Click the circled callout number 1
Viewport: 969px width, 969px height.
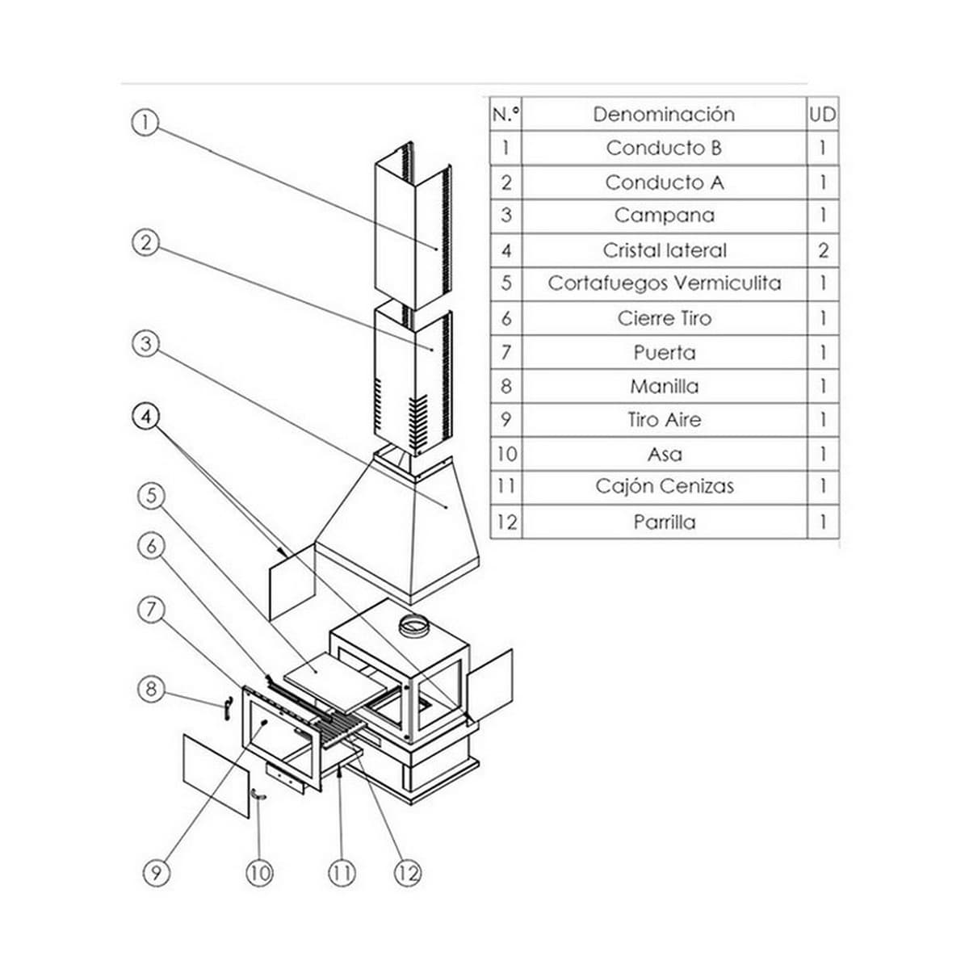coord(144,123)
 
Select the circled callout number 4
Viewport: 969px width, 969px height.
coord(145,417)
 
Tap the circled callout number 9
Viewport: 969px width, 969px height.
coord(156,872)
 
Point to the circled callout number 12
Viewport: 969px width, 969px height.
coord(408,872)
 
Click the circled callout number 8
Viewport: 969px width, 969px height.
coord(150,690)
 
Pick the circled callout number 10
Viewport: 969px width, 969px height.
coord(259,872)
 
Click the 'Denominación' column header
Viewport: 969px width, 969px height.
coord(664,114)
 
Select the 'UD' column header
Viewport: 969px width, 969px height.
coord(822,114)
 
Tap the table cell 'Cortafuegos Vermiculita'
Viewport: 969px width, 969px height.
coord(664,283)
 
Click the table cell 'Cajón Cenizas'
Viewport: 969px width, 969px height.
coord(664,486)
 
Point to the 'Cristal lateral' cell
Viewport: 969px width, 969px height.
coord(664,250)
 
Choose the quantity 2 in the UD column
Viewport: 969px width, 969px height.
coord(823,250)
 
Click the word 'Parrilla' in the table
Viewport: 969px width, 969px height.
coord(664,522)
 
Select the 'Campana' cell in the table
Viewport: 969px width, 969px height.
coord(664,216)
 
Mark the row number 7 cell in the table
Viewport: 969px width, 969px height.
coord(505,353)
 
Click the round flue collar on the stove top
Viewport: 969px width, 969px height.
coord(417,624)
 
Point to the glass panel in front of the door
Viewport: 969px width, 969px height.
coord(216,776)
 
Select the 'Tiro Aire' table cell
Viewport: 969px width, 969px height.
coord(664,420)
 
